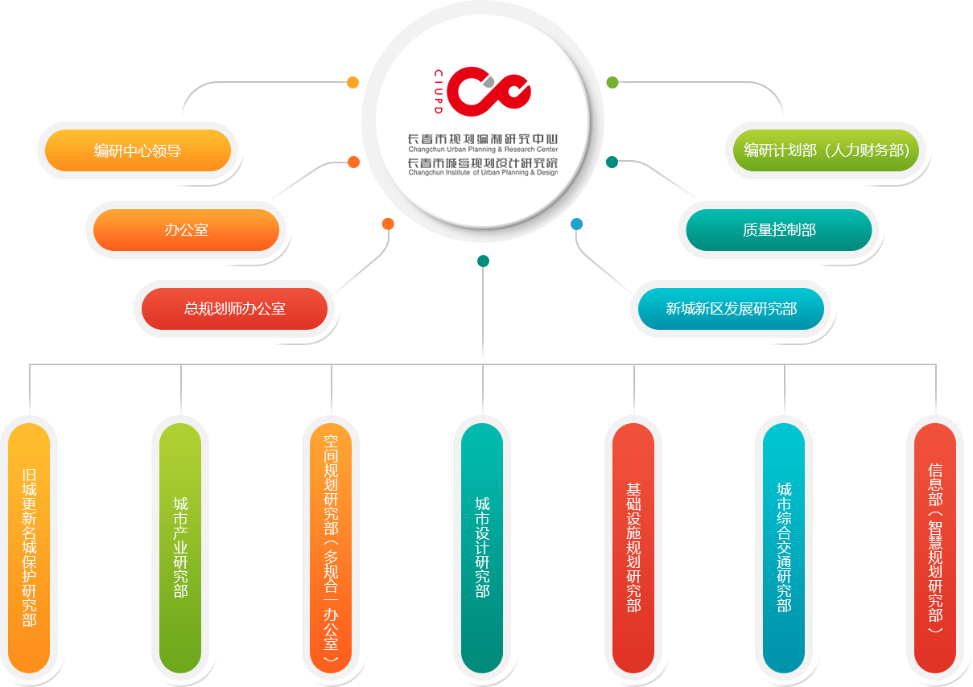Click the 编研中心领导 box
[138, 150]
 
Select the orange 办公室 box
[186, 230]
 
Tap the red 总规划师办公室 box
[234, 308]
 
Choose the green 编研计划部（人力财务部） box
[826, 150]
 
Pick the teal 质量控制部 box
[778, 230]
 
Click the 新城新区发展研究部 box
[731, 308]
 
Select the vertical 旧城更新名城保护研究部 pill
[30, 547]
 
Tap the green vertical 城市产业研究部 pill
[180, 547]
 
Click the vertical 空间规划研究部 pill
[331, 547]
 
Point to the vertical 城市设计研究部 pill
[482, 547]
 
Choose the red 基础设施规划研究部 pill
[633, 547]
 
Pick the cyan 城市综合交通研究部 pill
[784, 547]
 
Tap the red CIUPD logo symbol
[489, 89]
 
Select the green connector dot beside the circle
[612, 82]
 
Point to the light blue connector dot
[576, 224]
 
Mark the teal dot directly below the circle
[483, 261]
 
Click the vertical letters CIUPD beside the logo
[439, 89]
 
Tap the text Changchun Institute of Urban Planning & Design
[482, 172]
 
